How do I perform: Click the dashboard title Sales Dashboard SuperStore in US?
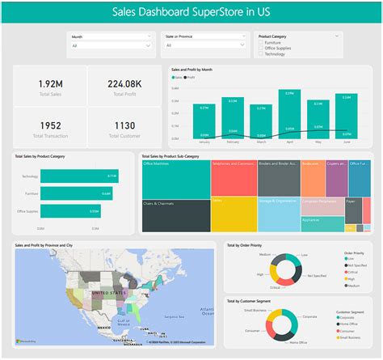(191, 11)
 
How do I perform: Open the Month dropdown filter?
(111, 46)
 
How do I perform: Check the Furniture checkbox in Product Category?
(261, 42)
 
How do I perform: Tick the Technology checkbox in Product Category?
(261, 53)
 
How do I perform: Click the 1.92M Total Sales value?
(49, 83)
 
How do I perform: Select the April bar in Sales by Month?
(289, 113)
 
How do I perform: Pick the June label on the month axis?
(347, 142)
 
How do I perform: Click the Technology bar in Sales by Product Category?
(79, 176)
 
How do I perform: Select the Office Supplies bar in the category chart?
(70, 212)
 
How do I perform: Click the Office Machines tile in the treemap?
(175, 178)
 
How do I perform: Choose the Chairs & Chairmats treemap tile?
(175, 214)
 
